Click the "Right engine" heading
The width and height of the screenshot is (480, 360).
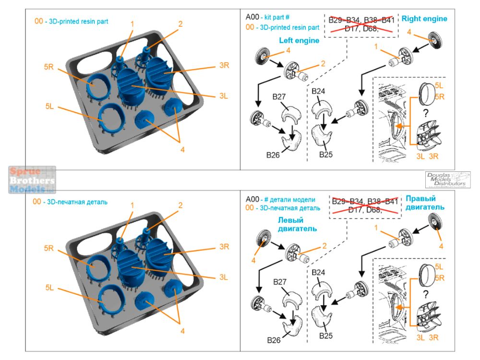(x=424, y=19)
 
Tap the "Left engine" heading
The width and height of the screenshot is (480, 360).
(x=299, y=41)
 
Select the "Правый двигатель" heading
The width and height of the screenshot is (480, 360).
(x=425, y=203)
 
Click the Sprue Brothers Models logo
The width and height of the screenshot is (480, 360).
(x=32, y=180)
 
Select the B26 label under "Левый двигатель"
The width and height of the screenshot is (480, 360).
(x=274, y=340)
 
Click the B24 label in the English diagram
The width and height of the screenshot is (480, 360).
(x=319, y=92)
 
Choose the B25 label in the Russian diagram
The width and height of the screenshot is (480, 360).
(x=326, y=335)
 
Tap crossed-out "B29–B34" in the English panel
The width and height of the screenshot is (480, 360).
(x=345, y=20)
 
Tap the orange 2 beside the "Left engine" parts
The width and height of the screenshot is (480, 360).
(x=323, y=63)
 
